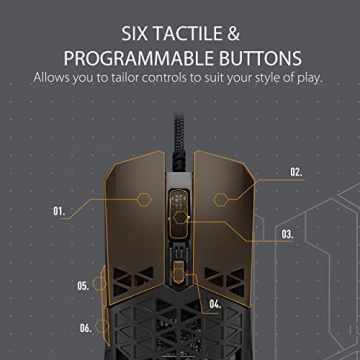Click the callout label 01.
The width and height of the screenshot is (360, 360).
(59, 212)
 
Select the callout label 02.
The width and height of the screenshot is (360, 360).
(296, 172)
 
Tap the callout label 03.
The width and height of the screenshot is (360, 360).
(287, 235)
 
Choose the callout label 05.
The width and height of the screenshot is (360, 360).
(84, 285)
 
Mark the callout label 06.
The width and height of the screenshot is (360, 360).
(86, 327)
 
